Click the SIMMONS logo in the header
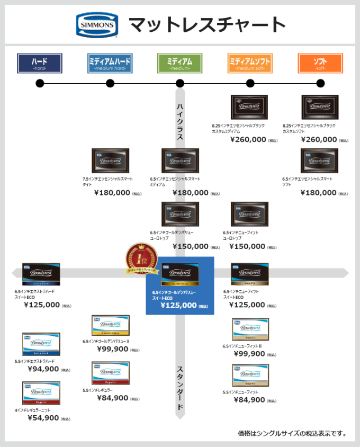[x=97, y=24]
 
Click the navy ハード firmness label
[x=40, y=63]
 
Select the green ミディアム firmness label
[x=179, y=63]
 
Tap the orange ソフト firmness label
[x=320, y=63]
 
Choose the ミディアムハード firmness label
[x=110, y=63]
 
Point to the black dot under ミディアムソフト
[x=250, y=83]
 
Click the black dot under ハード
[x=40, y=83]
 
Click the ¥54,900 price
[x=43, y=418]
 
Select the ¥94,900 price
[x=43, y=369]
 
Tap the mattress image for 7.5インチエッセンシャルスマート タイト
[x=110, y=160]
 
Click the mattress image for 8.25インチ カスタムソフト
[x=319, y=108]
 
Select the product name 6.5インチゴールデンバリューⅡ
[x=106, y=342]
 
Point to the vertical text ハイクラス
[x=180, y=121]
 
